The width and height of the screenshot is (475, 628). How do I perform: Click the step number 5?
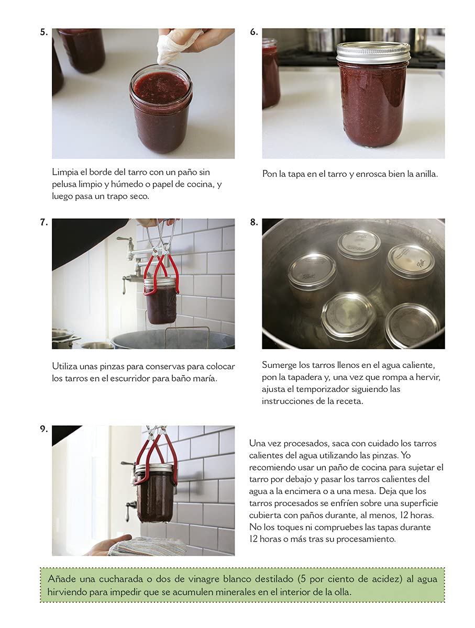pyautogui.click(x=44, y=32)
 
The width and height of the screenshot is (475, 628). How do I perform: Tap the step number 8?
pyautogui.click(x=254, y=222)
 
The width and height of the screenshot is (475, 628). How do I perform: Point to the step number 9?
pyautogui.click(x=44, y=429)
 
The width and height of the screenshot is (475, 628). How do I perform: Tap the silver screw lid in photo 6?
pyautogui.click(x=373, y=52)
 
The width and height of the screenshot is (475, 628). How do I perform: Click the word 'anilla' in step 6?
pyautogui.click(x=426, y=174)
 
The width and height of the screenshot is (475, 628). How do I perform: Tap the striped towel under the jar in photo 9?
pyautogui.click(x=148, y=547)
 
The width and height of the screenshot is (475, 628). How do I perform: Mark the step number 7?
pyautogui.click(x=44, y=222)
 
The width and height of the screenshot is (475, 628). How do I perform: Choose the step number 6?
pyautogui.click(x=254, y=32)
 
